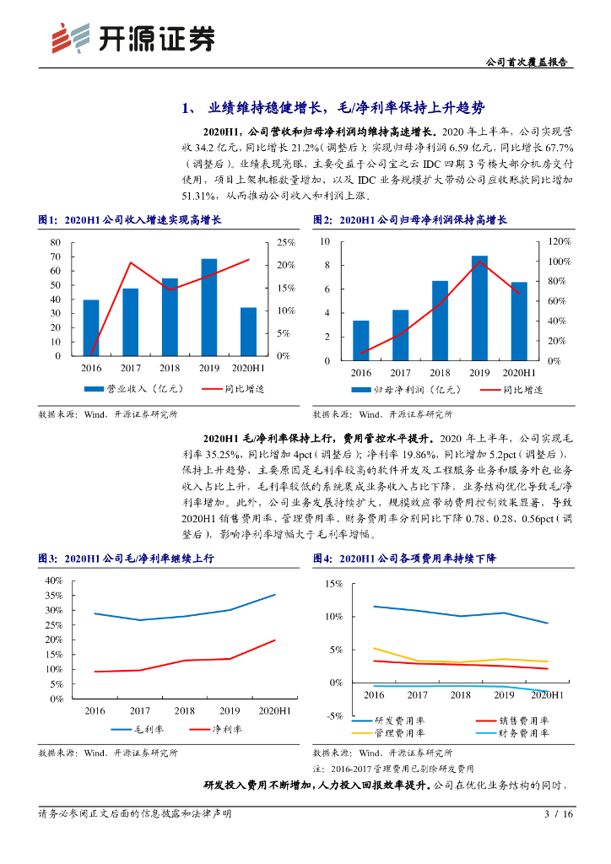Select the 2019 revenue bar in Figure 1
click(x=209, y=307)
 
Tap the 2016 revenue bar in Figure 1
click(x=90, y=327)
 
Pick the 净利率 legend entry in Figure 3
click(x=214, y=729)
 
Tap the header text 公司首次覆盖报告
click(x=527, y=62)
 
